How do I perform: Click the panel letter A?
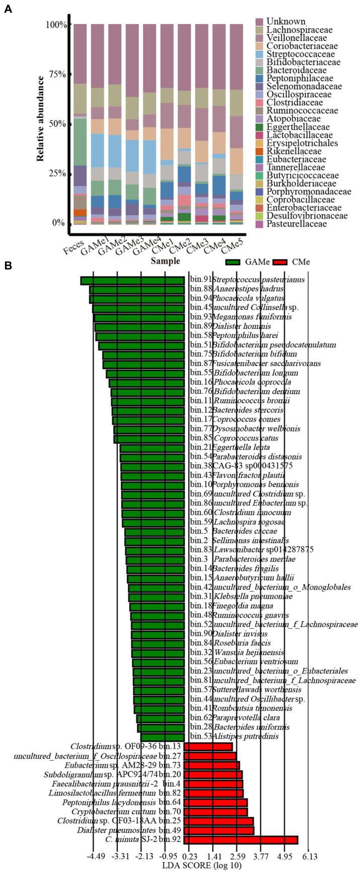(8, 9)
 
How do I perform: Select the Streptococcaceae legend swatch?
(259, 54)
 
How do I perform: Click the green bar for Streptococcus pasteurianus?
(132, 280)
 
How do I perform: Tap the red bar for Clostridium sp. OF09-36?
(208, 746)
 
